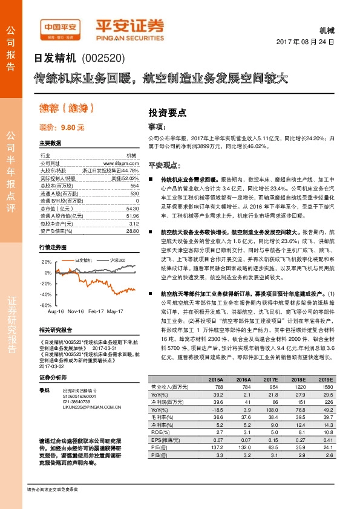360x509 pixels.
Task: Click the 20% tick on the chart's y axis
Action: coord(46,262)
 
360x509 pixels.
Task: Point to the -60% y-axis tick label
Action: coord(46,305)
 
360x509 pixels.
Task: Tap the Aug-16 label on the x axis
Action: coord(56,311)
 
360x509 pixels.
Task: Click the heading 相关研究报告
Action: coord(56,330)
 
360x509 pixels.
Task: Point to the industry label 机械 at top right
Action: coord(326,30)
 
